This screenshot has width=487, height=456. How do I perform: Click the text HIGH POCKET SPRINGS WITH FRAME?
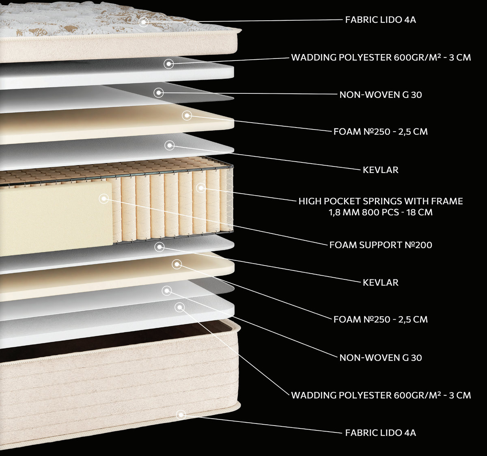pos(381,201)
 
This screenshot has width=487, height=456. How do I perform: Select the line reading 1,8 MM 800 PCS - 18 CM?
pos(381,212)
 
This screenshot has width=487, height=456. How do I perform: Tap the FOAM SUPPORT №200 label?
pos(381,245)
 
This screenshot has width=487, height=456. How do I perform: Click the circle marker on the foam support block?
pos(104,198)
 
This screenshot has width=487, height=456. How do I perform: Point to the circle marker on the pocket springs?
pos(201,188)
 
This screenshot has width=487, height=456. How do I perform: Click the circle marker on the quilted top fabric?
pos(144,22)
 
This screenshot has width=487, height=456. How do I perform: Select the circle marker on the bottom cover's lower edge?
pos(181,415)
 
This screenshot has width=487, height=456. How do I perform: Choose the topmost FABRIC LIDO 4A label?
pos(381,20)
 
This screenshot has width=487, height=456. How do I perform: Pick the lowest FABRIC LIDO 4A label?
pos(381,433)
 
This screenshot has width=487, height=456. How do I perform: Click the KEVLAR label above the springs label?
pos(381,170)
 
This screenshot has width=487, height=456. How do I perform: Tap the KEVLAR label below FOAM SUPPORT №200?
pos(381,283)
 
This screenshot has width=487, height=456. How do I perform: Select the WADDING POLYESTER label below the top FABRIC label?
pos(381,57)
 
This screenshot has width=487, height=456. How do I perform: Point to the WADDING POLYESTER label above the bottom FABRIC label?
pos(381,395)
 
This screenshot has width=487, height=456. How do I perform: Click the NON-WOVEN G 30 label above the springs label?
pos(381,95)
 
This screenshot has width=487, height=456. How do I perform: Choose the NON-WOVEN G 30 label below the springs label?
pos(381,358)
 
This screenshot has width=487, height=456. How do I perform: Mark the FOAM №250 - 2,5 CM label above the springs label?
pos(381,132)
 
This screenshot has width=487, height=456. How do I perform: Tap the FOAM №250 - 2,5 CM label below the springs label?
pos(381,319)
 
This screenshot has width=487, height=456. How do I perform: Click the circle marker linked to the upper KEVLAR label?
pos(170,145)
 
